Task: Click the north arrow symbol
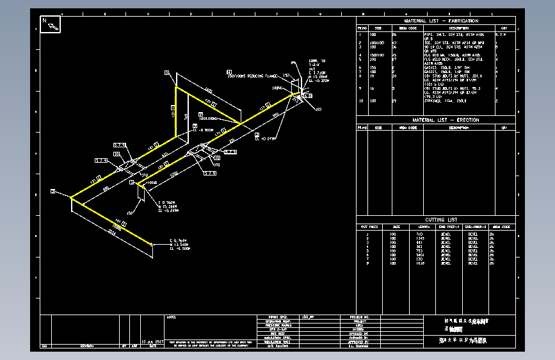click(x=51, y=24)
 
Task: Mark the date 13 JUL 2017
click(x=153, y=342)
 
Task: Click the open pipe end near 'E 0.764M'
click(x=152, y=244)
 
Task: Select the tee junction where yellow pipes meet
click(x=241, y=122)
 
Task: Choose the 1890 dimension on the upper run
click(x=209, y=92)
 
